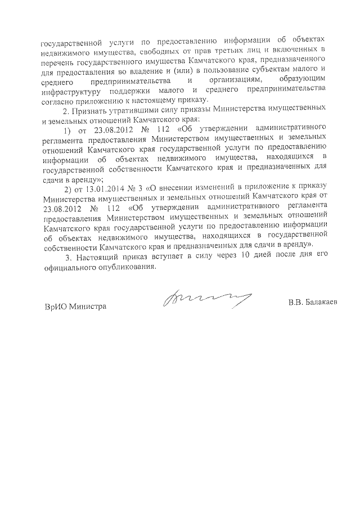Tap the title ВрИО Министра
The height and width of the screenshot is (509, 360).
(75, 307)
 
